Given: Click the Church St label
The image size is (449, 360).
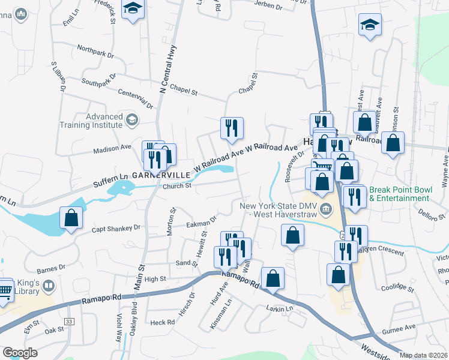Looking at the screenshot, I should click(x=176, y=186).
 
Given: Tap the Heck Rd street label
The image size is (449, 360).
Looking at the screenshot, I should click(x=162, y=322).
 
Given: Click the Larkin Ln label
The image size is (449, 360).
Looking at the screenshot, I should click(x=279, y=308).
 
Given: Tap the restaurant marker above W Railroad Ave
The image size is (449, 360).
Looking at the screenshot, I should click(x=232, y=128).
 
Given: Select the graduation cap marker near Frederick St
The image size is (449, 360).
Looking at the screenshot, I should click(x=133, y=9).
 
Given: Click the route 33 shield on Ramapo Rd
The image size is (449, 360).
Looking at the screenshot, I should click(x=70, y=322).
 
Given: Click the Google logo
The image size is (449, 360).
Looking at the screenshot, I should click(x=20, y=353).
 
